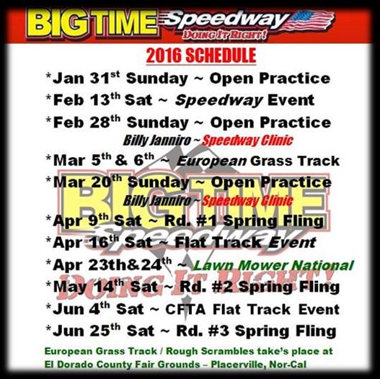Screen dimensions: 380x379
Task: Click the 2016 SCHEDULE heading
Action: pyautogui.click(x=201, y=55)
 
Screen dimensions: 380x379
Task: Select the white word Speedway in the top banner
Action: pyautogui.click(x=226, y=20)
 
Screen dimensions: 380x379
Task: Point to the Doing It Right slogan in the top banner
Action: pyautogui.click(x=224, y=35)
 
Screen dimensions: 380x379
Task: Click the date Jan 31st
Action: pyautogui.click(x=87, y=78)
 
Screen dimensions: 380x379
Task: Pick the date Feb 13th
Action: pyautogui.click(x=87, y=99)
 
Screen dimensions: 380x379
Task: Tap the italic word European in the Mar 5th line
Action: pyautogui.click(x=211, y=161)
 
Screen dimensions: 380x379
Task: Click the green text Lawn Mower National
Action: pyautogui.click(x=273, y=265)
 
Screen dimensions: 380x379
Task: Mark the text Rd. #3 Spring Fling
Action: pyautogui.click(x=256, y=331)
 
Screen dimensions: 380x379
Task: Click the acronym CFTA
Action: pyautogui.click(x=185, y=309)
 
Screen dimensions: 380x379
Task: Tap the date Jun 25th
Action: pyautogui.click(x=87, y=331)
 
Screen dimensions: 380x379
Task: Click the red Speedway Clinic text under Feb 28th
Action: pyautogui.click(x=247, y=141)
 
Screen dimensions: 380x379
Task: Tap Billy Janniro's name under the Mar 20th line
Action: pyautogui.click(x=157, y=201)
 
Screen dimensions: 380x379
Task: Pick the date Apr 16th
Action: pyautogui.click(x=86, y=243)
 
